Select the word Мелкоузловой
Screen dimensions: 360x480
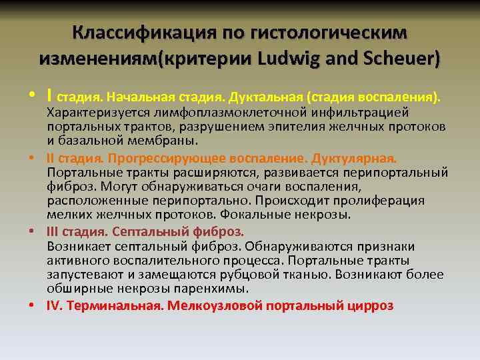(x=215, y=306)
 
